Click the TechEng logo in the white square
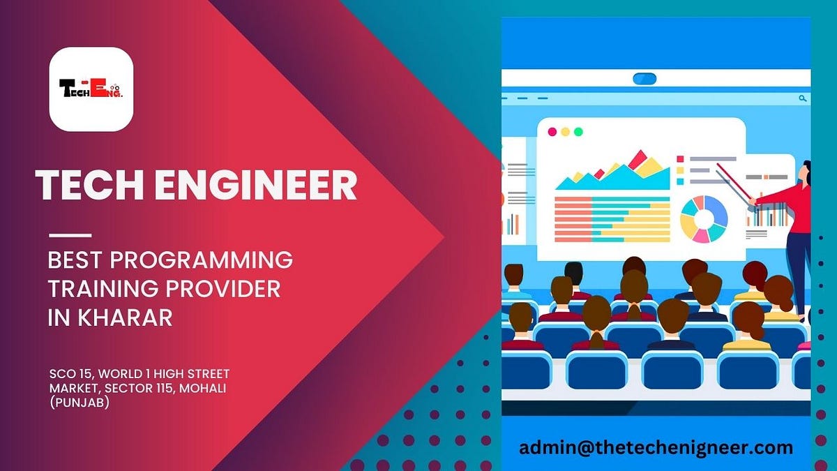click(x=91, y=89)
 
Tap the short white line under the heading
click(x=70, y=234)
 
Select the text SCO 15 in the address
click(x=68, y=374)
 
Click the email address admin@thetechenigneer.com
click(x=656, y=447)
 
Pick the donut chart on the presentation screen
click(x=703, y=219)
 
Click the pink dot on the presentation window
click(x=552, y=131)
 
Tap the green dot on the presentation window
click(x=578, y=131)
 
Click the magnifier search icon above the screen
click(x=804, y=98)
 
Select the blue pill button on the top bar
click(x=645, y=78)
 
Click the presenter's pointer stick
click(x=732, y=181)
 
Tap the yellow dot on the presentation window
click(x=565, y=131)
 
